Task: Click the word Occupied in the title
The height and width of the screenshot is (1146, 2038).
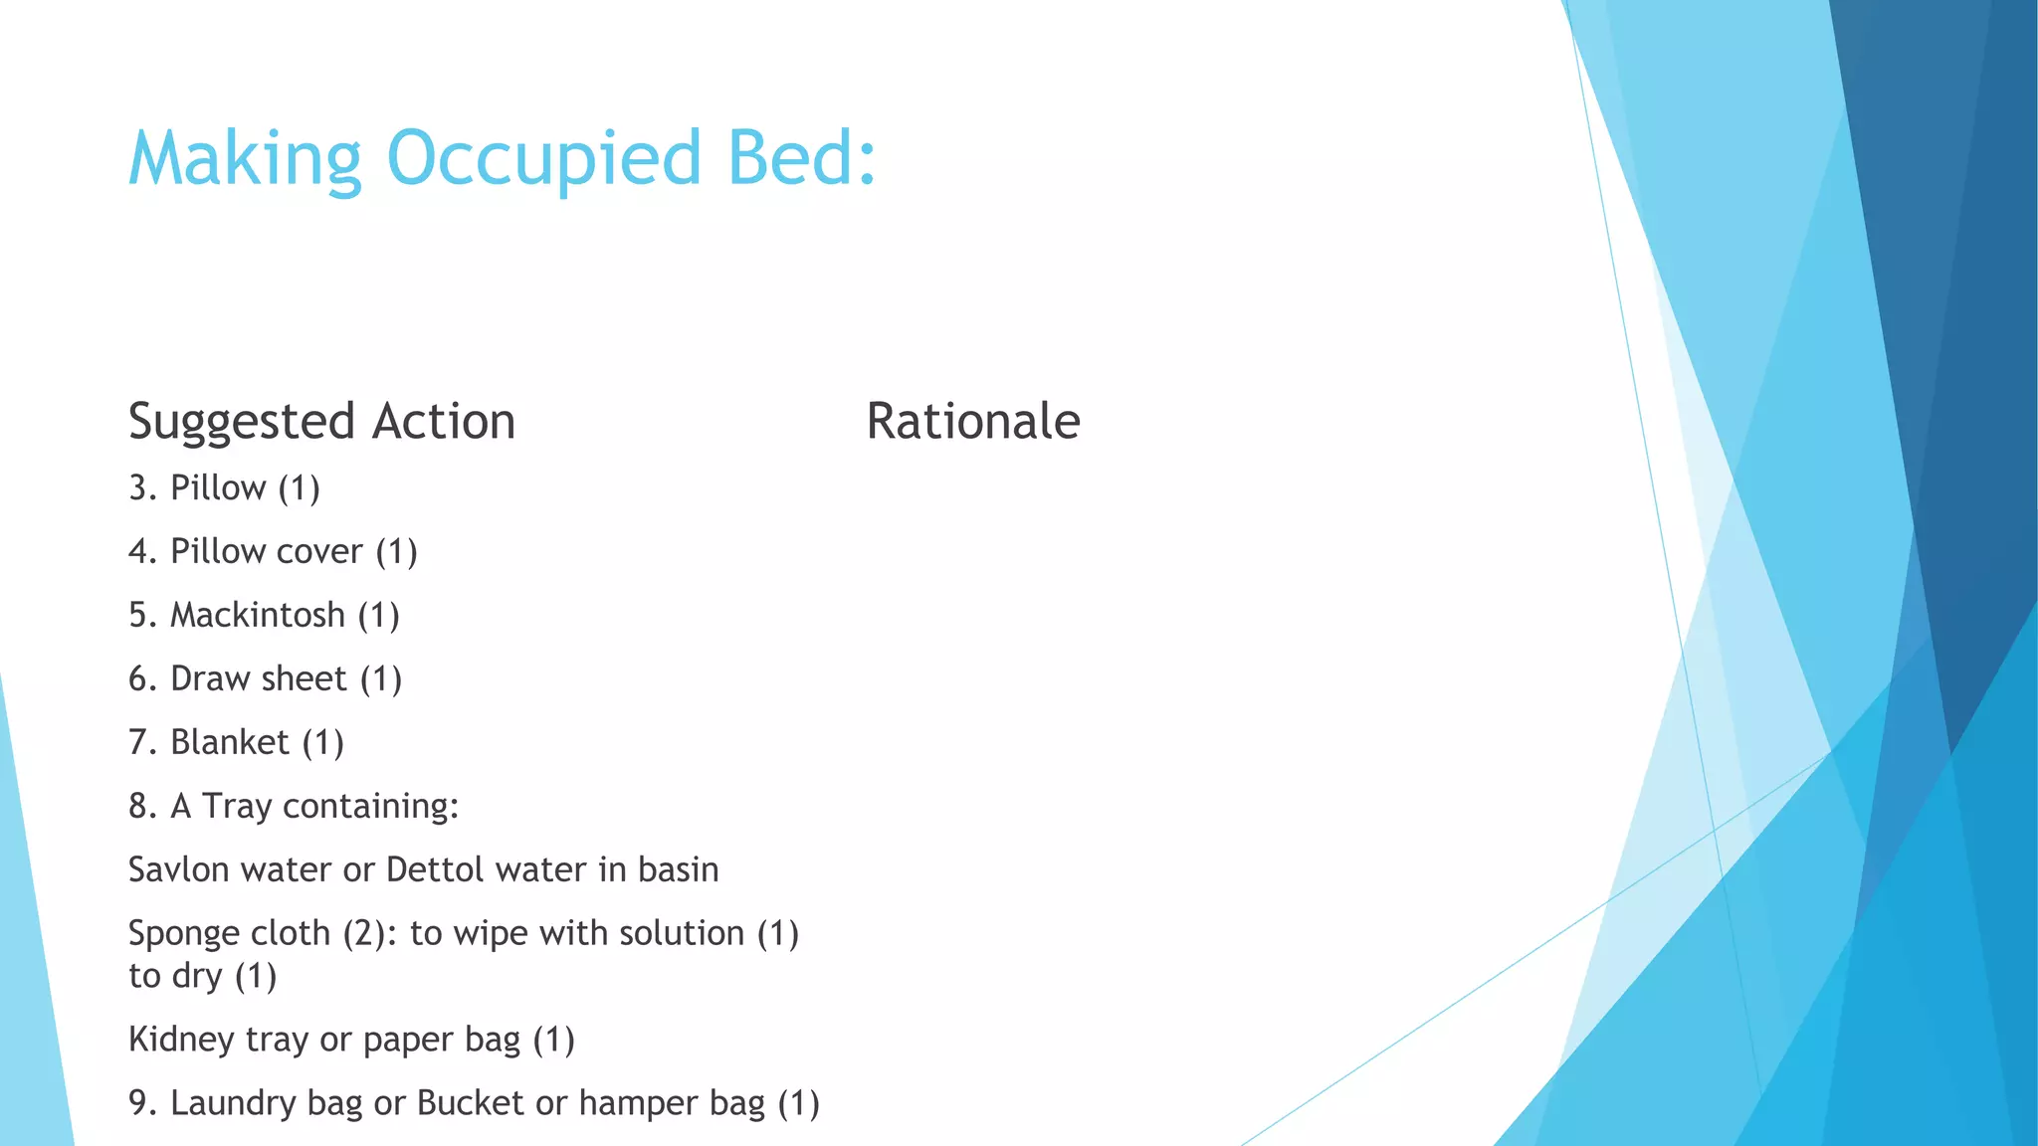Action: click(544, 159)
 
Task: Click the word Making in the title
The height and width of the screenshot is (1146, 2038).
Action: click(245, 159)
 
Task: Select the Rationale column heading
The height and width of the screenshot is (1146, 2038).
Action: click(972, 421)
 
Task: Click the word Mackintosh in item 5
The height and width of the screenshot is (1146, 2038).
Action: click(257, 615)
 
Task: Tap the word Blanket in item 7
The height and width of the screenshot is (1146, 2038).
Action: click(229, 742)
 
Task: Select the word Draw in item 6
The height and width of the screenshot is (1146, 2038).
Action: click(210, 678)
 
